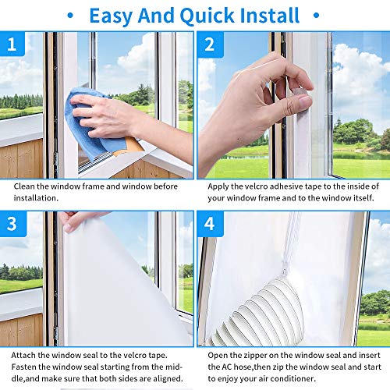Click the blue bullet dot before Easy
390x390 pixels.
[x=71, y=15]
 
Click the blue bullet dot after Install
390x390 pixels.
[x=317, y=15]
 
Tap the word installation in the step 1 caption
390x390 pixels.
[x=35, y=199]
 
